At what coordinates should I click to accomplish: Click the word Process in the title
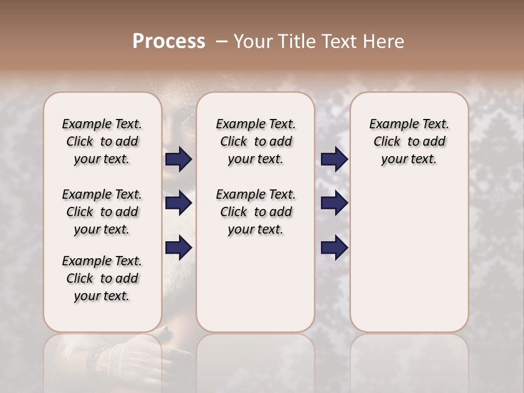tap(169, 41)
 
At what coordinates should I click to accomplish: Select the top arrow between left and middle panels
tap(178, 159)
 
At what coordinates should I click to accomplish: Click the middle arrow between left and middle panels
tap(178, 204)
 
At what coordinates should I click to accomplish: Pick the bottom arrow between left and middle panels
tap(178, 248)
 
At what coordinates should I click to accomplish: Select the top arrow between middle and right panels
tap(335, 159)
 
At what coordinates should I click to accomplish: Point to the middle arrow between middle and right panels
tap(335, 204)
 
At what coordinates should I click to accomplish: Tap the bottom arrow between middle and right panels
tap(335, 248)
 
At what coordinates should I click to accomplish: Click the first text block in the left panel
tap(102, 141)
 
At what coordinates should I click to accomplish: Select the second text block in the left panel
tap(102, 212)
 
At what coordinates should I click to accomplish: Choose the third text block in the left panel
tap(102, 278)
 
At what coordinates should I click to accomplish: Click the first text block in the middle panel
tap(255, 141)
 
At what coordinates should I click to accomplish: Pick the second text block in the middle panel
tap(255, 212)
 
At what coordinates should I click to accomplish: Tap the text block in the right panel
tap(409, 141)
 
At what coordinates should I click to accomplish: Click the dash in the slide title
tap(222, 41)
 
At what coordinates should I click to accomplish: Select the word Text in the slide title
tap(340, 41)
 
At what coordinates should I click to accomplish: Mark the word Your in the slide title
tap(252, 41)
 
